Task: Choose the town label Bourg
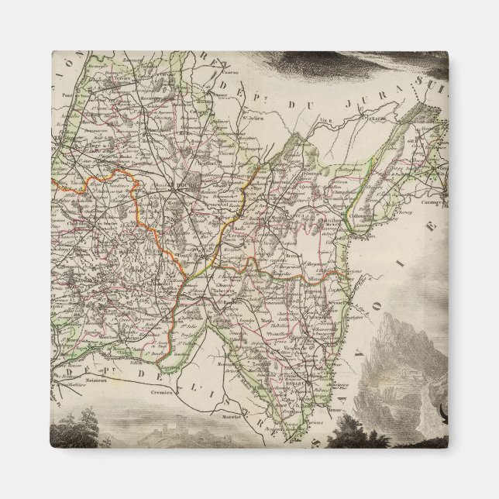coord(188,185)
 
